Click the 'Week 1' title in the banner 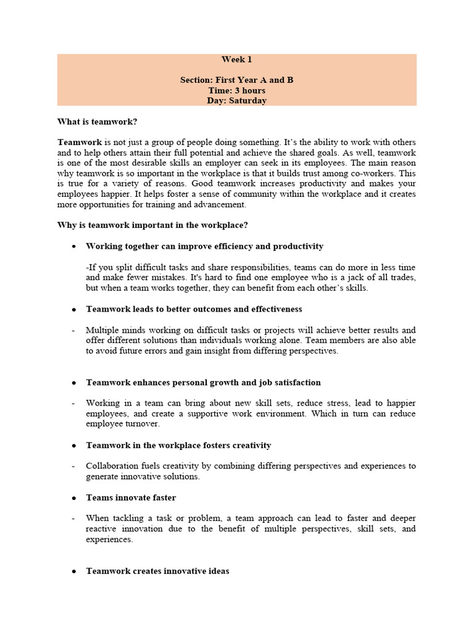(237, 60)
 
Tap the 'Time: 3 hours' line (237, 91)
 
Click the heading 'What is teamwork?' (98, 122)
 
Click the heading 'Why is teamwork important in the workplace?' (152, 225)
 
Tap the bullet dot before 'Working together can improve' (74, 247)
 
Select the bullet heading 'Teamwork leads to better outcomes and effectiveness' (194, 309)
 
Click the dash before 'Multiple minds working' (74, 330)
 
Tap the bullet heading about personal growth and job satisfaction (203, 383)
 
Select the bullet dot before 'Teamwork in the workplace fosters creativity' (74, 446)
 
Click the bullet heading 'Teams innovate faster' (131, 497)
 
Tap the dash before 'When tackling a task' (74, 518)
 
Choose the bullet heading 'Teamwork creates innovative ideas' (157, 571)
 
